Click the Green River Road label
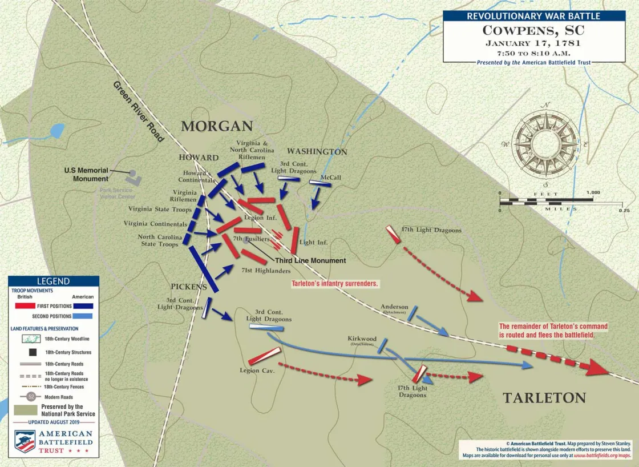(x=139, y=111)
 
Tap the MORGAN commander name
(x=217, y=126)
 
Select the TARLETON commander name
(x=544, y=398)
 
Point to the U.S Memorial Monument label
(x=86, y=175)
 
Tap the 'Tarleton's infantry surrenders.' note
(x=335, y=283)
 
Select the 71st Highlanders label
(x=266, y=271)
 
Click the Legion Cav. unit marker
(x=264, y=356)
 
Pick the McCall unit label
(x=330, y=177)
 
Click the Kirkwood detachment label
(x=362, y=339)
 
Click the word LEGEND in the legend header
(x=53, y=281)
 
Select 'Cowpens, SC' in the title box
(x=533, y=30)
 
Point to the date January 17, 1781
(x=533, y=43)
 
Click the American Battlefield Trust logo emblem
(x=25, y=441)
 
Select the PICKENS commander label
(x=188, y=287)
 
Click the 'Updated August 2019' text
(x=53, y=422)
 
